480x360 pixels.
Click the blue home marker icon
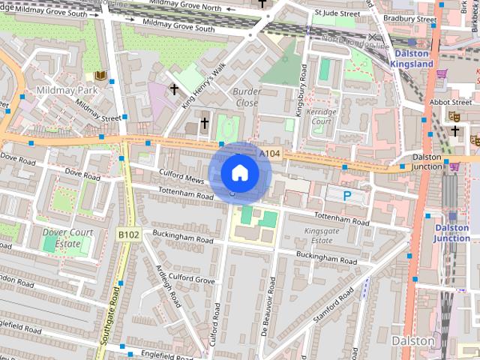click(239, 172)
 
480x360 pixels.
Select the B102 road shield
click(128, 235)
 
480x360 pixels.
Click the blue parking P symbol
click(347, 196)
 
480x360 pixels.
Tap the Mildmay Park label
click(62, 90)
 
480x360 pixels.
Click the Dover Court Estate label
click(68, 238)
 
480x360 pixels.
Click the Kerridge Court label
click(321, 116)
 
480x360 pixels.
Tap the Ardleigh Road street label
click(167, 286)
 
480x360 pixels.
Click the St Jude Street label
click(337, 13)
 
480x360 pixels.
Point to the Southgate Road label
click(112, 307)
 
